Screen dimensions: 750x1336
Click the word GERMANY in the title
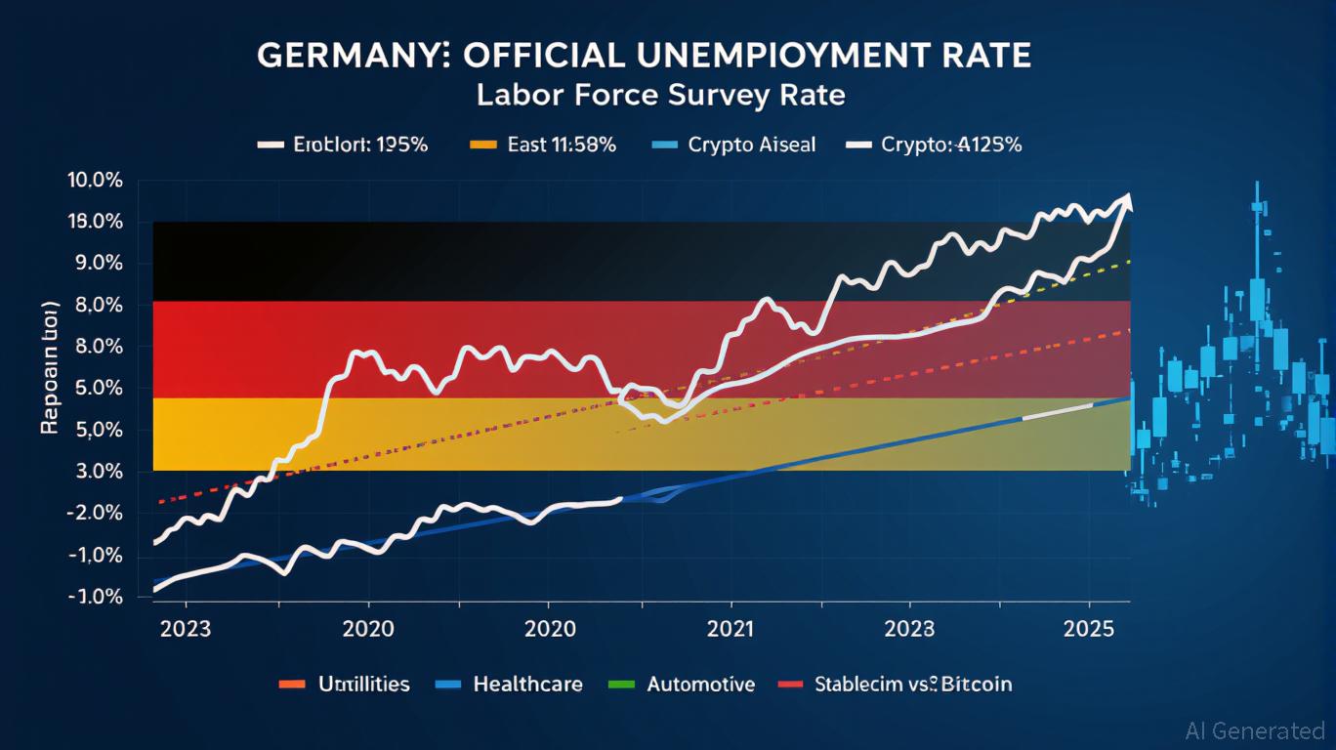[344, 55]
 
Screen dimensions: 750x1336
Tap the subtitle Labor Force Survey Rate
[660, 96]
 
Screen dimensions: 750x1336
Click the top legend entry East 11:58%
[562, 145]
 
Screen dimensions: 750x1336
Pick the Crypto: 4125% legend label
[951, 145]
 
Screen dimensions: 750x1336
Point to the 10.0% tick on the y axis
[95, 181]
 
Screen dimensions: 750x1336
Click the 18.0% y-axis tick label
[95, 222]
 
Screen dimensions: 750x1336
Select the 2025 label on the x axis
[1089, 629]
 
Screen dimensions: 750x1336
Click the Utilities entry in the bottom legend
[363, 684]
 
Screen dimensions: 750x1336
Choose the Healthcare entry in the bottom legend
[527, 684]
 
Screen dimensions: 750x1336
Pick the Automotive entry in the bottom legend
[700, 684]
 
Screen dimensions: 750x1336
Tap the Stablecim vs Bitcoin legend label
[912, 684]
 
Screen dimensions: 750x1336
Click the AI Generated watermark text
[1254, 730]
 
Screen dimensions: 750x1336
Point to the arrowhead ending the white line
[1129, 201]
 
